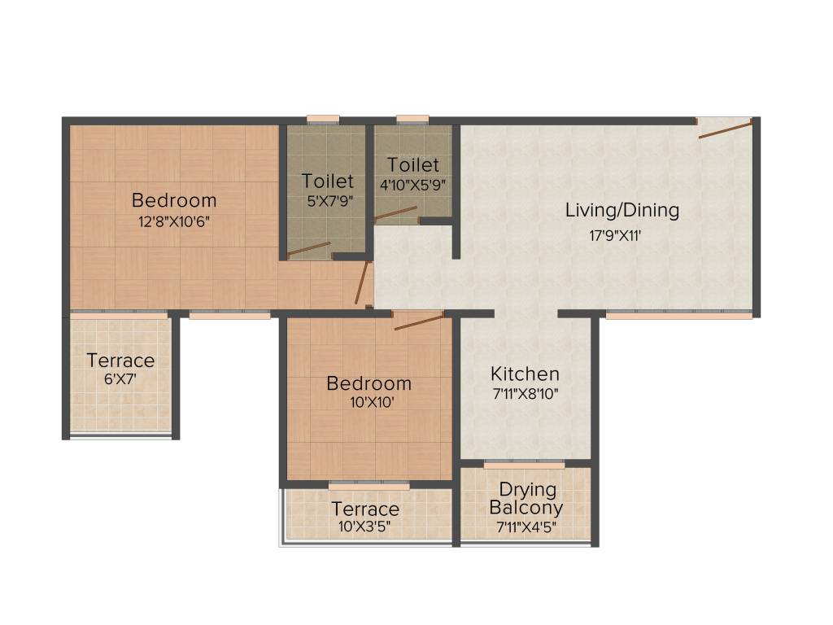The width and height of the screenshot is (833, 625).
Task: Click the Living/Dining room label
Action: pyautogui.click(x=622, y=211)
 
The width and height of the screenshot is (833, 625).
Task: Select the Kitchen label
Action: pyautogui.click(x=525, y=374)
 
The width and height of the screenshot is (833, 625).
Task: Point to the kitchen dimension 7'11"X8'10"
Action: pyautogui.click(x=525, y=394)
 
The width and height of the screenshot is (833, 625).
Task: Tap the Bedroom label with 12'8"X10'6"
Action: pyautogui.click(x=174, y=200)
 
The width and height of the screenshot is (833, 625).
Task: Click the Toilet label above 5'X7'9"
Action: pyautogui.click(x=328, y=181)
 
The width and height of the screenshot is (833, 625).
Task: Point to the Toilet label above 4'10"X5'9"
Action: pyautogui.click(x=412, y=165)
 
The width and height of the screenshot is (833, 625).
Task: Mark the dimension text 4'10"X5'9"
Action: pyautogui.click(x=412, y=184)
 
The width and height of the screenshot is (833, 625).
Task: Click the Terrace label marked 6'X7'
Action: pyautogui.click(x=120, y=361)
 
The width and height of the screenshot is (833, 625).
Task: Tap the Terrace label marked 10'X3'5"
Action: pyautogui.click(x=364, y=509)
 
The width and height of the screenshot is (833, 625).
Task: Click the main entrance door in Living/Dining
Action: pyautogui.click(x=724, y=129)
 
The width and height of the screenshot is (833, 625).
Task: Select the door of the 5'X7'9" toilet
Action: pyautogui.click(x=309, y=249)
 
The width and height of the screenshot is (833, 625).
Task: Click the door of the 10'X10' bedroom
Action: pyautogui.click(x=419, y=321)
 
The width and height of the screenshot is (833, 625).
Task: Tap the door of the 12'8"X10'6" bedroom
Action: pyautogui.click(x=362, y=282)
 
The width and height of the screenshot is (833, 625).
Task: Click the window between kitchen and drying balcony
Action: pyautogui.click(x=524, y=465)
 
